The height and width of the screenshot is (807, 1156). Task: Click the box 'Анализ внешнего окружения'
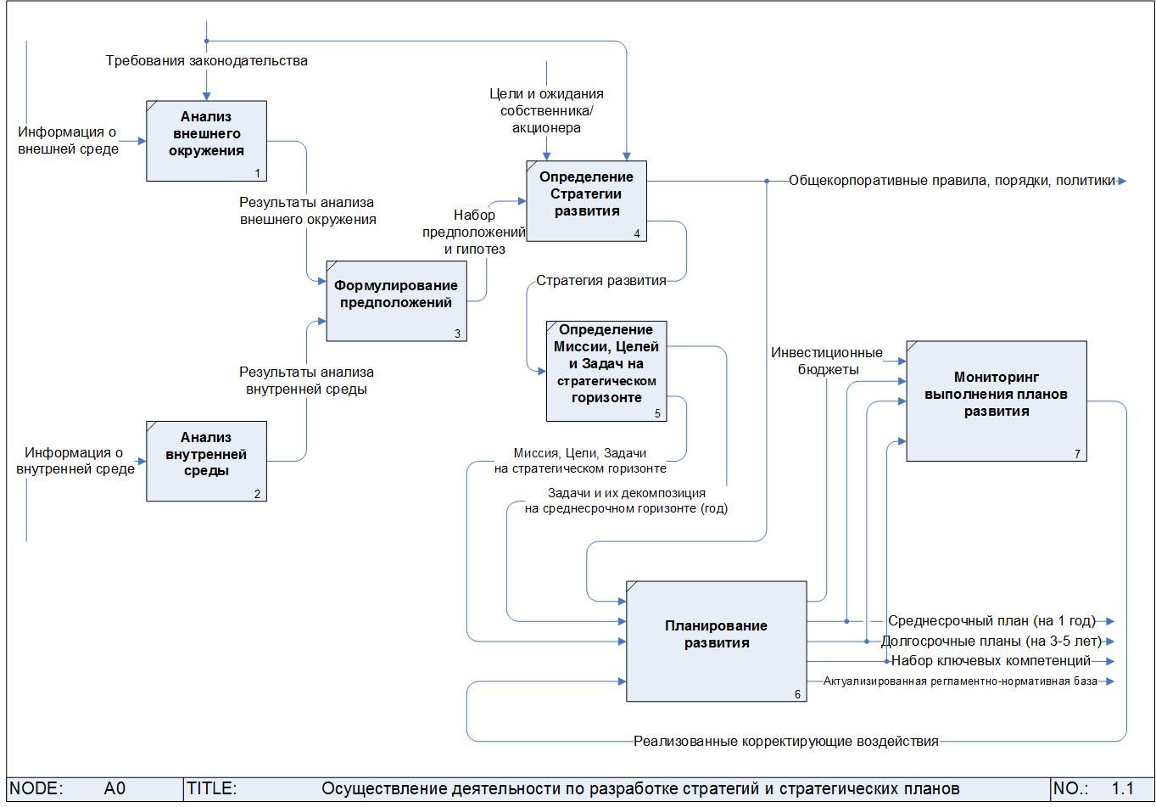pyautogui.click(x=206, y=140)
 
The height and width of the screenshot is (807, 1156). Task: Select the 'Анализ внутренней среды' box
pyautogui.click(x=206, y=461)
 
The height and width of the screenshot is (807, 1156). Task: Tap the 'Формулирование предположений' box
pyautogui.click(x=396, y=301)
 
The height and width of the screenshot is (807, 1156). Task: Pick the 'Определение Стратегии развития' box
pyautogui.click(x=586, y=201)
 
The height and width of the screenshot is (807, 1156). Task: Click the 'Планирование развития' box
pyautogui.click(x=717, y=642)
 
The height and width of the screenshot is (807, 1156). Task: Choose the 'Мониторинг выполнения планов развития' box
pyautogui.click(x=997, y=401)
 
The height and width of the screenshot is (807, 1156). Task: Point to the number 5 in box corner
pyautogui.click(x=657, y=413)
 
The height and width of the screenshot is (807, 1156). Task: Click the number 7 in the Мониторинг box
pyautogui.click(x=1078, y=454)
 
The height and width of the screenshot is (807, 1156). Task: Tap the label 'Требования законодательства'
pyautogui.click(x=206, y=61)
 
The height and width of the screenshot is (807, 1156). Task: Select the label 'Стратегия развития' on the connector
pyautogui.click(x=601, y=281)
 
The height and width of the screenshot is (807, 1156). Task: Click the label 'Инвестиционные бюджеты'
pyautogui.click(x=827, y=361)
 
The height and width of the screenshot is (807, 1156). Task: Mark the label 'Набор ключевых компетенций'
pyautogui.click(x=991, y=661)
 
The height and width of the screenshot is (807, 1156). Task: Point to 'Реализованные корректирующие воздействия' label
pyautogui.click(x=786, y=742)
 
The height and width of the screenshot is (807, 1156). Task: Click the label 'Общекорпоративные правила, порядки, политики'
pyautogui.click(x=952, y=181)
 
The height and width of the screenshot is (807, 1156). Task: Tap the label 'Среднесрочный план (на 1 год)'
pyautogui.click(x=991, y=620)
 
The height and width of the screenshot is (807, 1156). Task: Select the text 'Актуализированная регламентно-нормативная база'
pyautogui.click(x=960, y=681)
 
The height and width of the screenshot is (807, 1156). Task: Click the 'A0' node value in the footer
pyautogui.click(x=114, y=788)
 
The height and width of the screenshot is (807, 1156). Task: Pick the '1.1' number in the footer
pyautogui.click(x=1122, y=788)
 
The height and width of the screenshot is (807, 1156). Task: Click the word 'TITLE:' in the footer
pyautogui.click(x=211, y=788)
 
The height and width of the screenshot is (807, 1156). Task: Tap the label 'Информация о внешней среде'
pyautogui.click(x=68, y=140)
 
